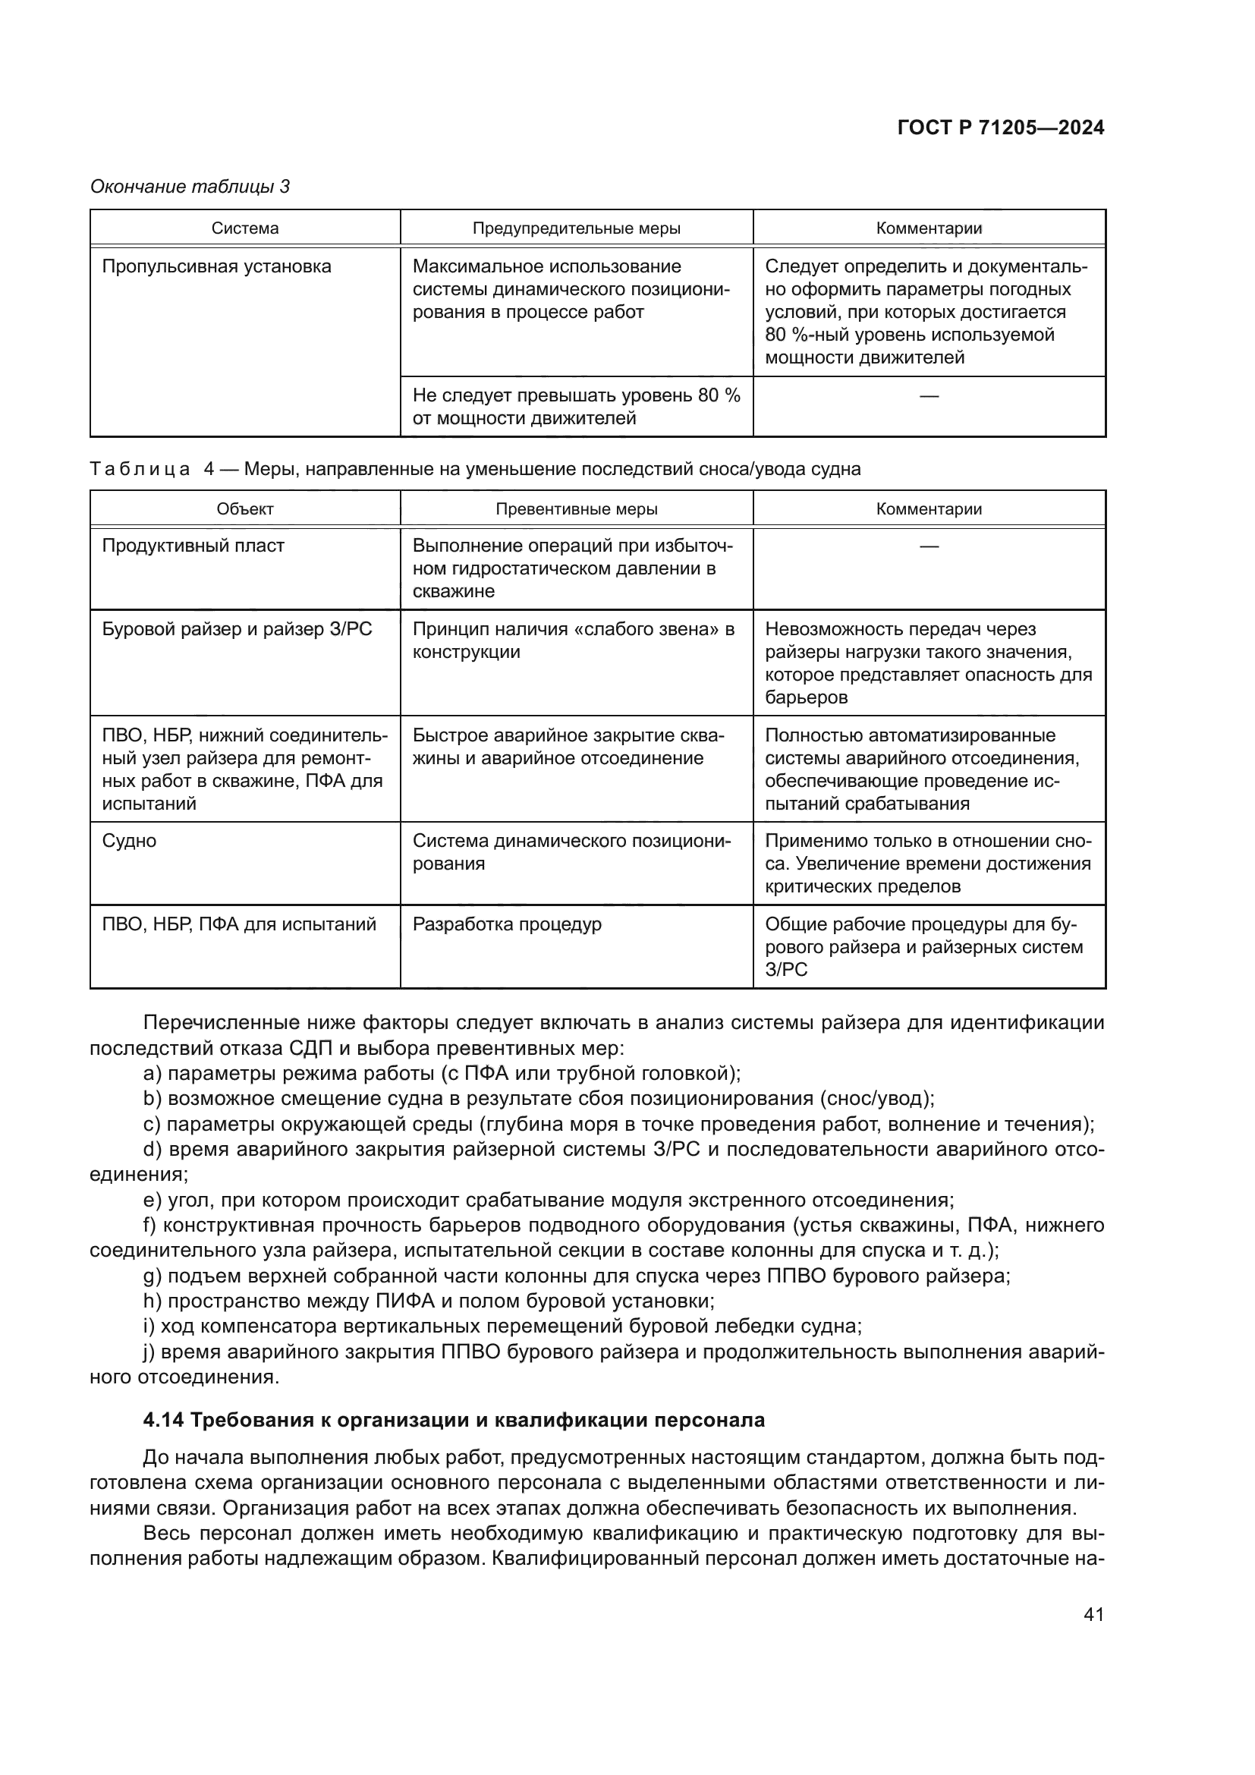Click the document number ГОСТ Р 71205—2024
click(x=1000, y=128)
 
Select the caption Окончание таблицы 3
click(x=190, y=187)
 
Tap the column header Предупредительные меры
click(x=577, y=228)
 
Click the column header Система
click(x=245, y=228)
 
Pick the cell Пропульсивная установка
click(x=216, y=266)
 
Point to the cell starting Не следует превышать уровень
click(x=576, y=407)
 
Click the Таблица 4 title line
click(x=474, y=468)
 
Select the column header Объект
click(x=245, y=508)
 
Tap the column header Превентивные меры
click(x=577, y=508)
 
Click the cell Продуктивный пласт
click(x=193, y=546)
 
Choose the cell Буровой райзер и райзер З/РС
click(x=237, y=629)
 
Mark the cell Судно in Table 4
click(x=129, y=841)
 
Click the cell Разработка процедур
click(x=506, y=924)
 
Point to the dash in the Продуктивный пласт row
click(x=929, y=546)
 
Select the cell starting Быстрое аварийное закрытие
click(x=568, y=747)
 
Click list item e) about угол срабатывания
click(x=549, y=1201)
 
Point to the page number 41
click(x=1093, y=1614)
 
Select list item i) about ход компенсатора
click(x=502, y=1327)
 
